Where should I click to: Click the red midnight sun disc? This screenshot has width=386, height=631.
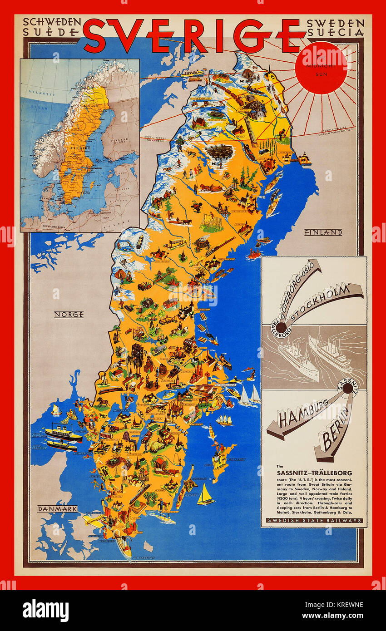[x=321, y=68]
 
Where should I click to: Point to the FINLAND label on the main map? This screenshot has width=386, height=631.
[x=323, y=232]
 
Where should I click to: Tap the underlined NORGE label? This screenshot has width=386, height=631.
[x=69, y=314]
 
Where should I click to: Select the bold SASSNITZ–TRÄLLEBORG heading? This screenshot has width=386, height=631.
[x=314, y=473]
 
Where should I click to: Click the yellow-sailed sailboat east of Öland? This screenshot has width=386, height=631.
[x=205, y=495]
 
